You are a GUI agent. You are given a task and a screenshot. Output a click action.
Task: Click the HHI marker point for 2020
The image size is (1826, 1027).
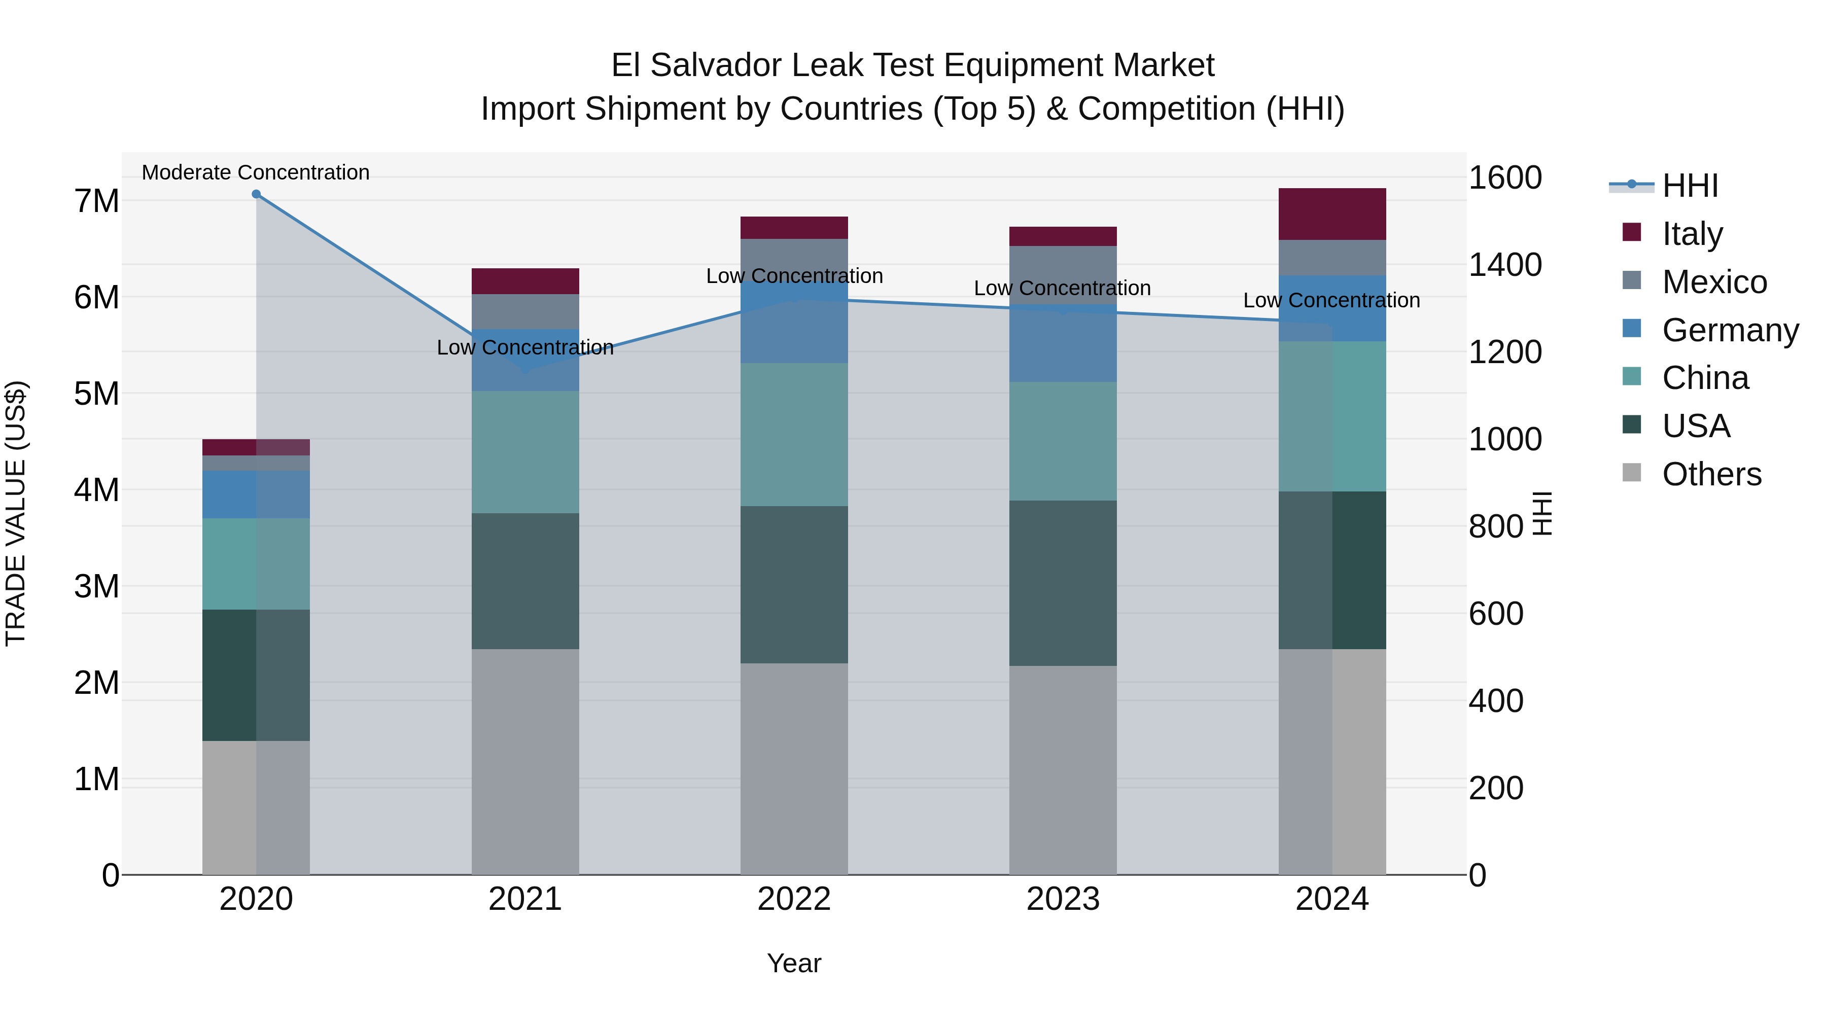(256, 194)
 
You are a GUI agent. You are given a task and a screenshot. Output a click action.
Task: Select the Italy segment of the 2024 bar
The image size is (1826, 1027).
(1331, 214)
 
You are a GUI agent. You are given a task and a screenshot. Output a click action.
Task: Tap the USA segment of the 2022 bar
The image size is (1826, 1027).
(794, 585)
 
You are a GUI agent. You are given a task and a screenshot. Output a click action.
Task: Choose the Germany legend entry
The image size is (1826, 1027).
(1730, 330)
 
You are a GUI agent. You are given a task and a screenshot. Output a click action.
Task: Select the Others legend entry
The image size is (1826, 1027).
(1711, 474)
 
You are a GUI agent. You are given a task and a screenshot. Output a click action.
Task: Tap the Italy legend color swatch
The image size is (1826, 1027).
(1631, 232)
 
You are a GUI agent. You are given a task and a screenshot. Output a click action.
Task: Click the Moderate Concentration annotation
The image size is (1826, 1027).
(256, 172)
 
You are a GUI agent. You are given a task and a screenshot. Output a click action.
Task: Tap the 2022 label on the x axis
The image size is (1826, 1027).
(794, 899)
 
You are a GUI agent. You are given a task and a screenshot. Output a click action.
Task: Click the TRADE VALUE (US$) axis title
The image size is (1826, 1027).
(16, 513)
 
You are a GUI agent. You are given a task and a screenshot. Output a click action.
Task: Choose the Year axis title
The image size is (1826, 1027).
(794, 963)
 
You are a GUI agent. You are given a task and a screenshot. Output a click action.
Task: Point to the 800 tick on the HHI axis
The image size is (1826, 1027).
(1495, 526)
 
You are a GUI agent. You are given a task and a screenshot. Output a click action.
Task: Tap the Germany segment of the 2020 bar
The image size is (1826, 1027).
(256, 494)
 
